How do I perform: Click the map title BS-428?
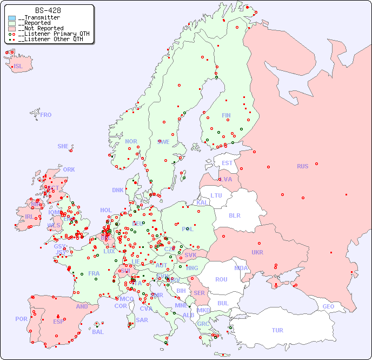tap(48, 10)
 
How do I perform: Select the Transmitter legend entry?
tap(41, 18)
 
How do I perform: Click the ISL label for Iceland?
tap(18, 67)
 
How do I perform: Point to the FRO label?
tap(46, 115)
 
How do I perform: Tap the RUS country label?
tap(302, 166)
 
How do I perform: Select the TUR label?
tap(277, 330)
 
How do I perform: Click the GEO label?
tap(328, 306)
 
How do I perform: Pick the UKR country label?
tap(257, 252)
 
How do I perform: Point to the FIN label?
tap(226, 115)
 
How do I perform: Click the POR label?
tap(21, 319)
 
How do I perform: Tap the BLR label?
tap(235, 215)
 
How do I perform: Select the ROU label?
tap(221, 279)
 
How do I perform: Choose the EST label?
tap(227, 163)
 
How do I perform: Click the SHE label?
tap(63, 146)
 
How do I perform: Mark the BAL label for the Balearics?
tap(97, 332)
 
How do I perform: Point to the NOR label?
tap(131, 141)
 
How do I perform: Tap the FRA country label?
tap(94, 273)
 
